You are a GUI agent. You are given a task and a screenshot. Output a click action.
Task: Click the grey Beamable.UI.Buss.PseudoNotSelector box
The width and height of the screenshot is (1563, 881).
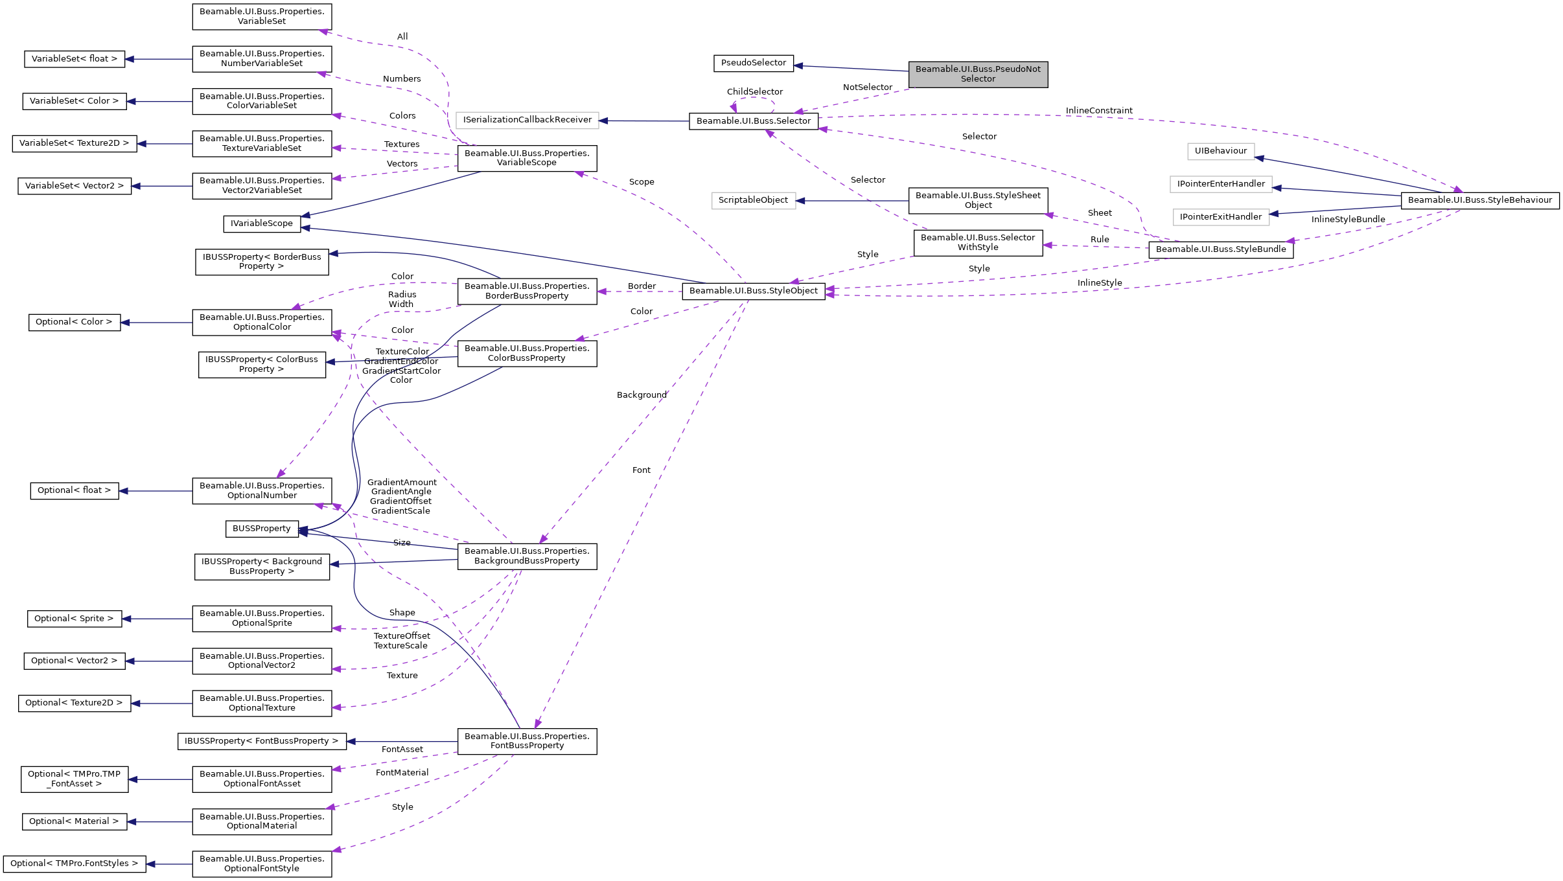click(977, 74)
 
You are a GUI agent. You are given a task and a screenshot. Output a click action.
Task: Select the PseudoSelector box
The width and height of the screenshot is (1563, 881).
click(753, 63)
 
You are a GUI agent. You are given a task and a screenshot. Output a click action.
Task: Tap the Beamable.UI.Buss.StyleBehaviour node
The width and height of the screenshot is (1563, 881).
click(1479, 200)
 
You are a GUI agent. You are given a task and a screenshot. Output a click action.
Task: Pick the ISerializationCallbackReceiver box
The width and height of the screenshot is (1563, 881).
click(527, 120)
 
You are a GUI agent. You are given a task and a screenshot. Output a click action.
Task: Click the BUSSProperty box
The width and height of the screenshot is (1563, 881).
click(261, 529)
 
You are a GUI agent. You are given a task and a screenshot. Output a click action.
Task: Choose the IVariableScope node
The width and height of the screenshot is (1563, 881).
click(261, 223)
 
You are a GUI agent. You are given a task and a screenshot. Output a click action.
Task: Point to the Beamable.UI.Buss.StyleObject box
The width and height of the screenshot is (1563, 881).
click(753, 291)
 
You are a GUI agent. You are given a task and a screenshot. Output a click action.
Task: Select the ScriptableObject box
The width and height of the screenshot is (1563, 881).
click(753, 200)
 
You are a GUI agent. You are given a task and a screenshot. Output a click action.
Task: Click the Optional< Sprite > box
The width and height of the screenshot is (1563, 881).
click(73, 619)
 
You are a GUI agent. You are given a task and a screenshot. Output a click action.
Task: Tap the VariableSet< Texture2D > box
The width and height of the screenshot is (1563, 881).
click(74, 143)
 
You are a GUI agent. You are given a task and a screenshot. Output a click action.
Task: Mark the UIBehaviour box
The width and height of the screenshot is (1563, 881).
click(1220, 151)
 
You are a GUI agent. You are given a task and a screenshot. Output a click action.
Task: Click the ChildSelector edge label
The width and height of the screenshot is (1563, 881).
click(754, 92)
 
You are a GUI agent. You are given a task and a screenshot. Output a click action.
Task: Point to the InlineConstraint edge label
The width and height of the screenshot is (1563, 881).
click(1098, 111)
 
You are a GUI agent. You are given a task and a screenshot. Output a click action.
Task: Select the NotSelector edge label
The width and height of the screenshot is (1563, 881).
click(867, 87)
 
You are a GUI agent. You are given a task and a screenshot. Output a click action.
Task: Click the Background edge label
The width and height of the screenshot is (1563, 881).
click(641, 395)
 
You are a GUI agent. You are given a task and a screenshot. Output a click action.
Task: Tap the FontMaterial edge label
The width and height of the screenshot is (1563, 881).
click(402, 773)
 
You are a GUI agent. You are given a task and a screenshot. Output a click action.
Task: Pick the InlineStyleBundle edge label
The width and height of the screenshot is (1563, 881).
click(1348, 220)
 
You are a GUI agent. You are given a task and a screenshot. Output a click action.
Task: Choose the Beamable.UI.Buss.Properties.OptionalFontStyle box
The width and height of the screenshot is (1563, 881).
click(262, 864)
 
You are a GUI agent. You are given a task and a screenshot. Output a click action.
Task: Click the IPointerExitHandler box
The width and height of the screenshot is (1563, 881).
click(1220, 217)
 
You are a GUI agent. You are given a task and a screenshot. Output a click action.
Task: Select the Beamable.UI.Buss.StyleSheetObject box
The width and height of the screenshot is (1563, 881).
click(977, 200)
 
